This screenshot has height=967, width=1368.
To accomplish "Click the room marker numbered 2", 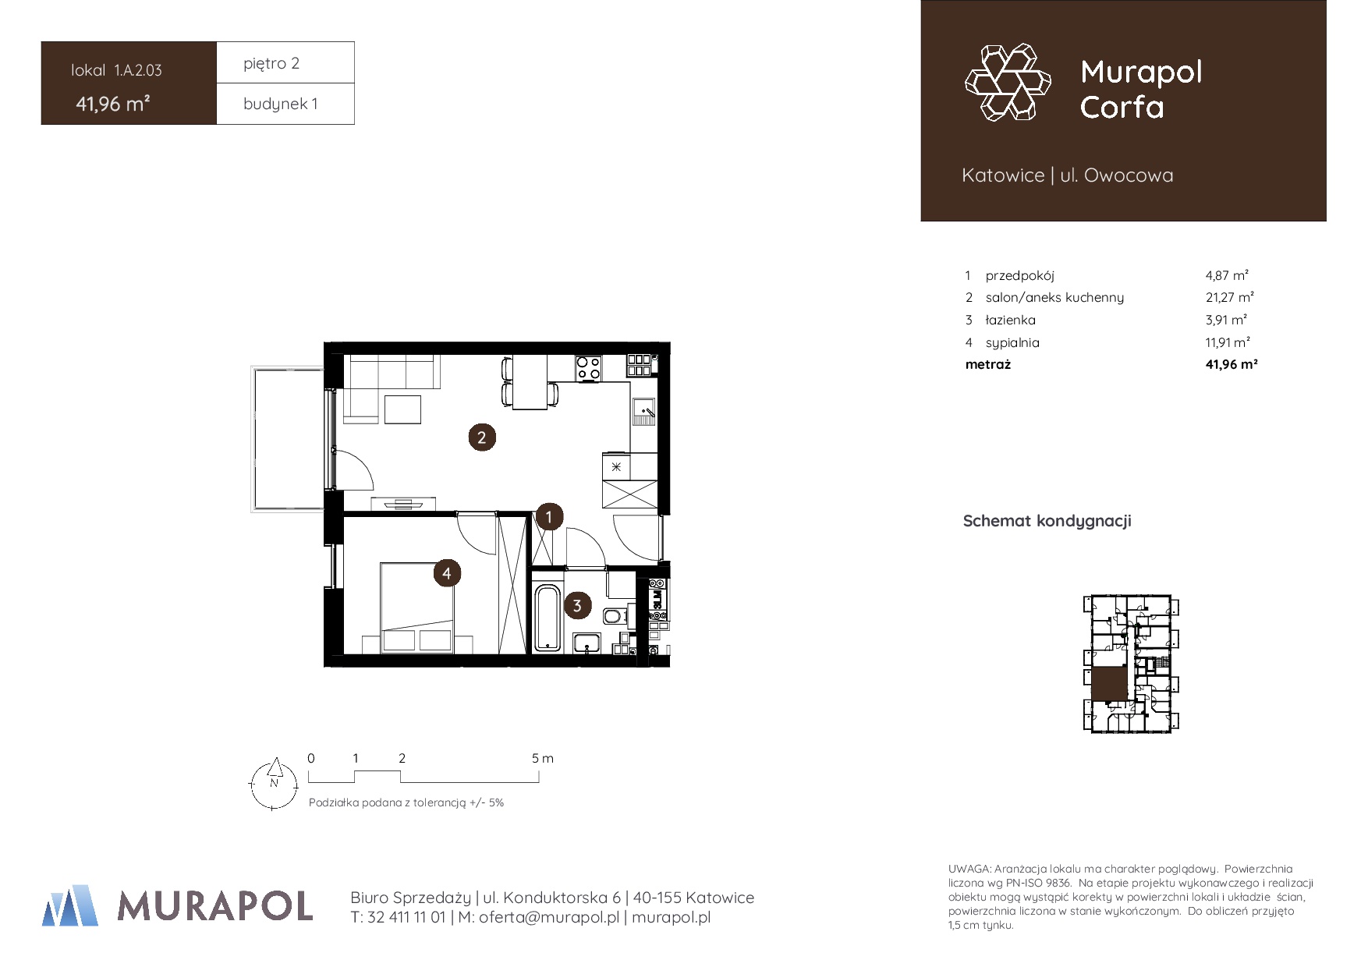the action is click(x=482, y=437).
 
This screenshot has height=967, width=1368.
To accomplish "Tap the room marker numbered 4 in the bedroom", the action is click(x=447, y=573).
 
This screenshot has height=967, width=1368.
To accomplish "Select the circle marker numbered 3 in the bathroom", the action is click(x=577, y=605).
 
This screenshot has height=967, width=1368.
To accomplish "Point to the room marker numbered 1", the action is click(x=549, y=516).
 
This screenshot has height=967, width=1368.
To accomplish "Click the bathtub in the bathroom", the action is click(x=548, y=618).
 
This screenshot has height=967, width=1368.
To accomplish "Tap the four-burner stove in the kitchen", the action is click(x=589, y=368).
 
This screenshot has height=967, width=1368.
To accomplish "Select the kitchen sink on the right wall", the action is click(x=643, y=410).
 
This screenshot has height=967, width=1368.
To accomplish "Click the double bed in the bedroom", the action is click(x=417, y=607).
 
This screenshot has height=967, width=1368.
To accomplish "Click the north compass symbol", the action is click(x=274, y=783).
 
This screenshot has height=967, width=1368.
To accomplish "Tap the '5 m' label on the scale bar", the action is click(x=543, y=758).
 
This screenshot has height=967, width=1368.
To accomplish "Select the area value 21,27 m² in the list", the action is click(x=1230, y=297).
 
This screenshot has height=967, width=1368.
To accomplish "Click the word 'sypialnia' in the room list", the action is click(x=1012, y=342).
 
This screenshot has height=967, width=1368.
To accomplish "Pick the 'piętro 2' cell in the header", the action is click(x=271, y=63).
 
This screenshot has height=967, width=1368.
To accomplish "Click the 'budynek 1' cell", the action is click(x=281, y=104).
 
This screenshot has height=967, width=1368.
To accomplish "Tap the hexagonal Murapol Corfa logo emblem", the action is click(x=1008, y=82).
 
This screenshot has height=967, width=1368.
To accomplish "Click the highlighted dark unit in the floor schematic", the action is click(x=1109, y=684).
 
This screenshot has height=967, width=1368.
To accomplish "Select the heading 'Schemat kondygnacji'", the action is click(x=1047, y=521).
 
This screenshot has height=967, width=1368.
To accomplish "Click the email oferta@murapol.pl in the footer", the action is click(x=549, y=918).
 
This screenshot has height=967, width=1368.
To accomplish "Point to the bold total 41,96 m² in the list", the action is click(x=1232, y=364).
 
